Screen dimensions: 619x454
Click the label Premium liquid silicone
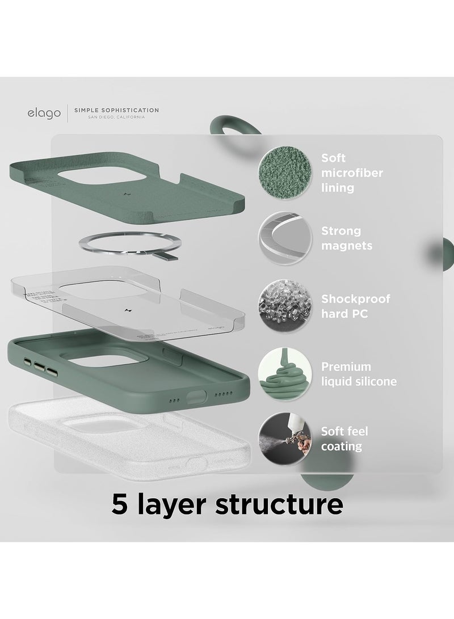point(359,374)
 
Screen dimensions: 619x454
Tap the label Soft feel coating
point(345,439)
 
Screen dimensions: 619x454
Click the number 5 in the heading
point(120,504)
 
